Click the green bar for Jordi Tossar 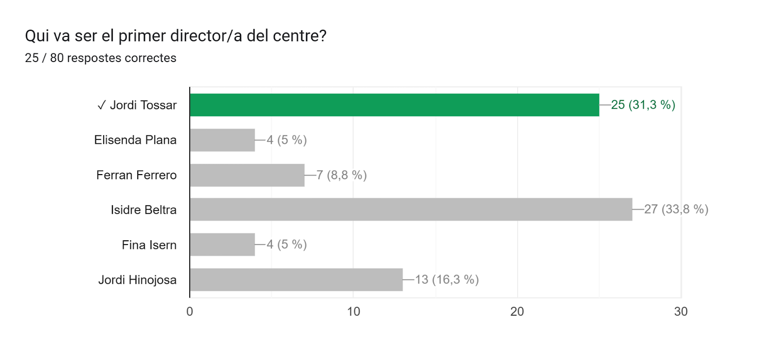[x=394, y=105]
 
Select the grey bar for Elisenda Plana [x=222, y=140]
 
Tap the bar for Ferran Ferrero [x=247, y=175]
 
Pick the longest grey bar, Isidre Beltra [x=411, y=210]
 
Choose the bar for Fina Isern [x=222, y=245]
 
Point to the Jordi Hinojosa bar [x=296, y=280]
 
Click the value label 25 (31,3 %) [x=643, y=105]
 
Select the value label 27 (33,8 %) [x=676, y=209]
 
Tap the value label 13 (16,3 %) [x=447, y=280]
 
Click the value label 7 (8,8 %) [x=341, y=175]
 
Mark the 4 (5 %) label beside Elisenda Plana [x=287, y=140]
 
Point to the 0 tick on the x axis [x=190, y=311]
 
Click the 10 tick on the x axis [x=353, y=311]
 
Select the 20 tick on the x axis [x=517, y=311]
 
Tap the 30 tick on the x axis [x=681, y=311]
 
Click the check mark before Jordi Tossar [x=101, y=105]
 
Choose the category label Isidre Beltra [x=143, y=210]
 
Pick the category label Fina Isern [x=149, y=245]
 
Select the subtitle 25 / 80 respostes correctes [x=100, y=58]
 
